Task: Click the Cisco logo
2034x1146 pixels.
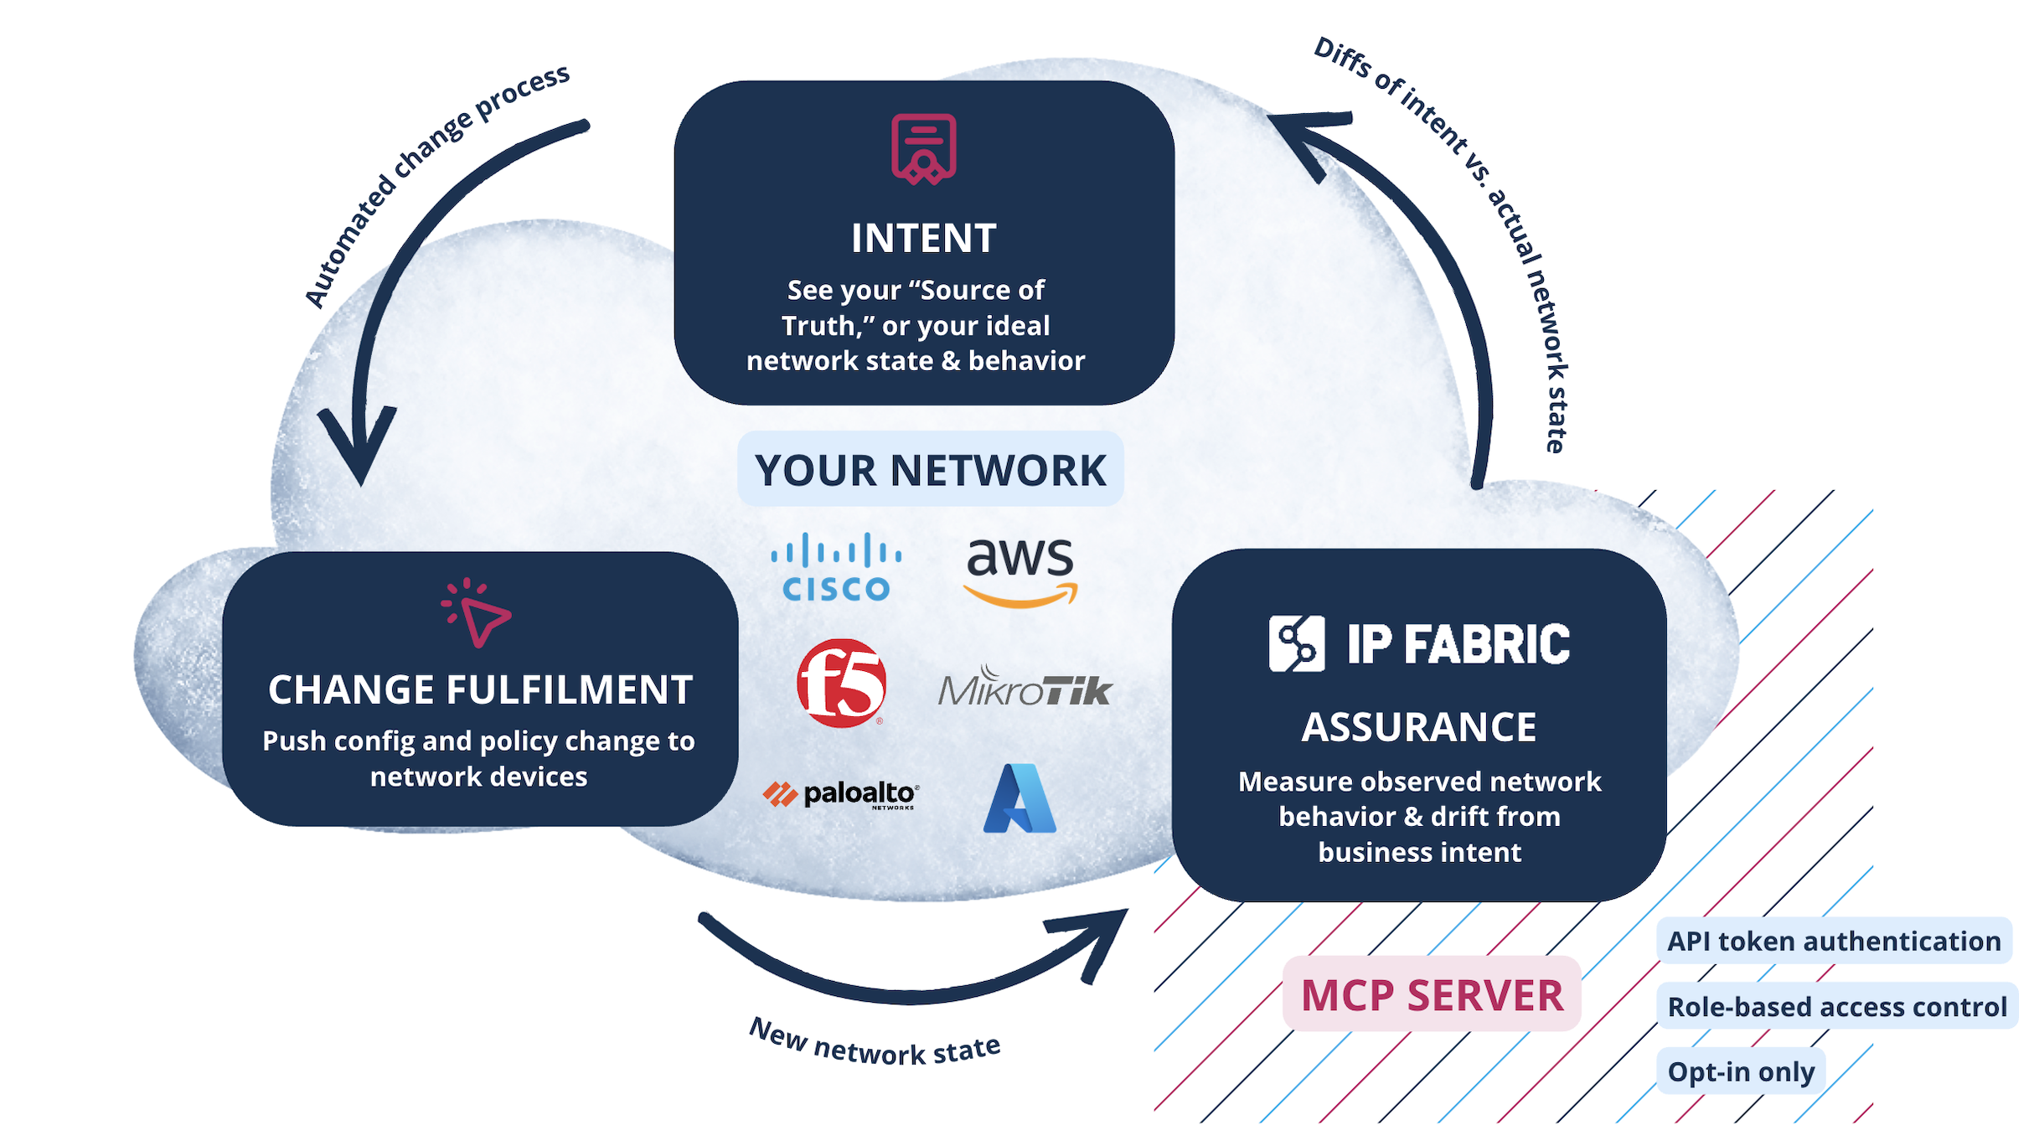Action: (836, 567)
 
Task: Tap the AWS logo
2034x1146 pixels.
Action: (1020, 570)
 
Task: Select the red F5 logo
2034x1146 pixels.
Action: (841, 683)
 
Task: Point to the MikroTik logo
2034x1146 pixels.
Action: (1024, 687)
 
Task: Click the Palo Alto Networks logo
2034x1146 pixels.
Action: (841, 794)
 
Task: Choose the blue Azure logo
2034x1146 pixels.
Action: (1020, 798)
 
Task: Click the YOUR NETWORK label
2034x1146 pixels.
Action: (930, 469)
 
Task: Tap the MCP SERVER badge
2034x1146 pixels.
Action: (1432, 994)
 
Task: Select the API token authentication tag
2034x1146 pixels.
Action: (1833, 941)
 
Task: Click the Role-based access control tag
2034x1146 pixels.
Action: (1836, 1006)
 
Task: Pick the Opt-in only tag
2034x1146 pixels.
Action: (1741, 1071)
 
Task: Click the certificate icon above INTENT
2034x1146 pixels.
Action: (923, 149)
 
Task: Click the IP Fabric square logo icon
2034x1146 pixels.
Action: (1296, 643)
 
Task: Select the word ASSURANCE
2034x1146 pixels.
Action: (1418, 726)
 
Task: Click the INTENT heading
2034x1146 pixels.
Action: (923, 238)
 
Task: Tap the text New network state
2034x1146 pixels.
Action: (874, 1044)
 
